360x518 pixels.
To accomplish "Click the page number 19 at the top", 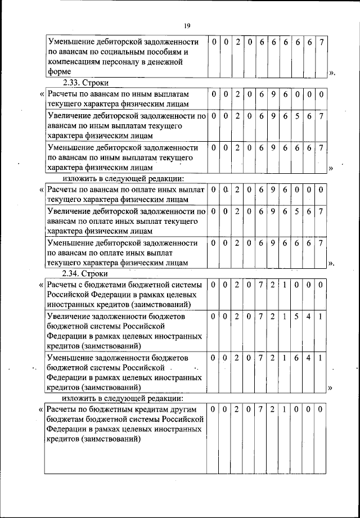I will [x=187, y=25].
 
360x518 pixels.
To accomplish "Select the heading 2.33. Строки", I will [x=85, y=82].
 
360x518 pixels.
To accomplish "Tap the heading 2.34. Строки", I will [x=85, y=274].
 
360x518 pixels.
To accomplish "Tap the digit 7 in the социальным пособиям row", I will [x=321, y=43].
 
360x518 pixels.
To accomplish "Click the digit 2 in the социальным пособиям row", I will [x=237, y=43].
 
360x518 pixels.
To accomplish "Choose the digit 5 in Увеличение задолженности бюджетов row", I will [x=296, y=317].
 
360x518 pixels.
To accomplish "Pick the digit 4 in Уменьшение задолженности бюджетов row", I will [x=309, y=358].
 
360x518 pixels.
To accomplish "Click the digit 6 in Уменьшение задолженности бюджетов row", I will [x=296, y=358].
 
